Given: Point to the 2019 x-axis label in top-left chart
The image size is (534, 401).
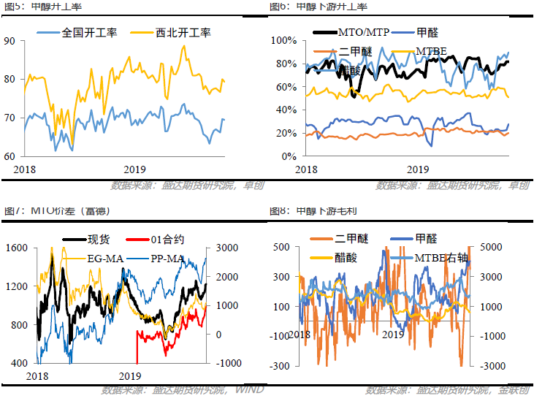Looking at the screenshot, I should pyautogui.click(x=135, y=169).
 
